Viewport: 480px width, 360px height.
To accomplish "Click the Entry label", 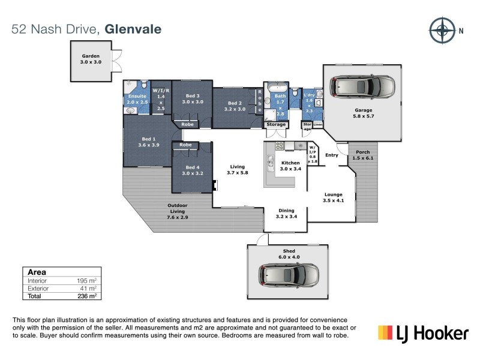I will coord(332,155).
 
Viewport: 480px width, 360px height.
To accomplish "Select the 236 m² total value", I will coord(88,296).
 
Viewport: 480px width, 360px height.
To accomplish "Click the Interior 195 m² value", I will coord(88,280).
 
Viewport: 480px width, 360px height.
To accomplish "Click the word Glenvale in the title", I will coord(133,29).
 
